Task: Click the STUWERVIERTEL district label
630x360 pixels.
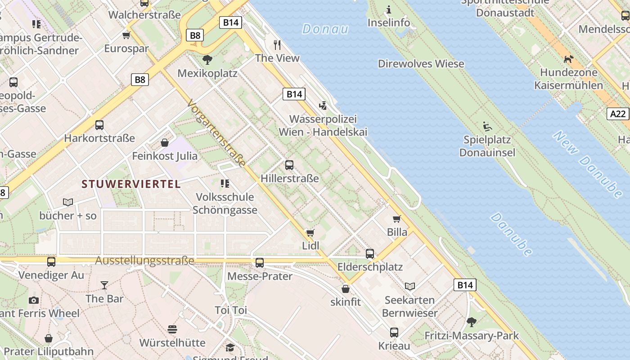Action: coord(131,184)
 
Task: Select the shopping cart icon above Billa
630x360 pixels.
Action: coord(396,219)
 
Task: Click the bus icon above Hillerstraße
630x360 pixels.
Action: coord(289,165)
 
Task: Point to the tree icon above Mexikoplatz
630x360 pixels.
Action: coord(207,60)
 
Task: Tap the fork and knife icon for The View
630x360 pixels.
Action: coord(277,45)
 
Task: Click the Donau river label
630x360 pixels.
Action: coord(325,29)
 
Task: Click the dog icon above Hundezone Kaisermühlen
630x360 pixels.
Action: coord(569,59)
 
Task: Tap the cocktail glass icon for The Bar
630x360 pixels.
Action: coord(104,285)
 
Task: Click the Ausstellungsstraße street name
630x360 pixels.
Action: coord(144,261)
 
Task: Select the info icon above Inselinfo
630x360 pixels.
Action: coord(389,9)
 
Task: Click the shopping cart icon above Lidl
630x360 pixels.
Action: coord(310,233)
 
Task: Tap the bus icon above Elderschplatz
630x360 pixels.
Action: coord(370,254)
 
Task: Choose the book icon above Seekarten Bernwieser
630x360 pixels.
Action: coord(409,287)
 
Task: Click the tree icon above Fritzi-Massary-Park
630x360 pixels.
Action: coord(472,322)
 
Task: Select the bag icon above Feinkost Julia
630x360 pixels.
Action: coord(165,143)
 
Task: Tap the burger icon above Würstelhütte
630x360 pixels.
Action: coord(172,329)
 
